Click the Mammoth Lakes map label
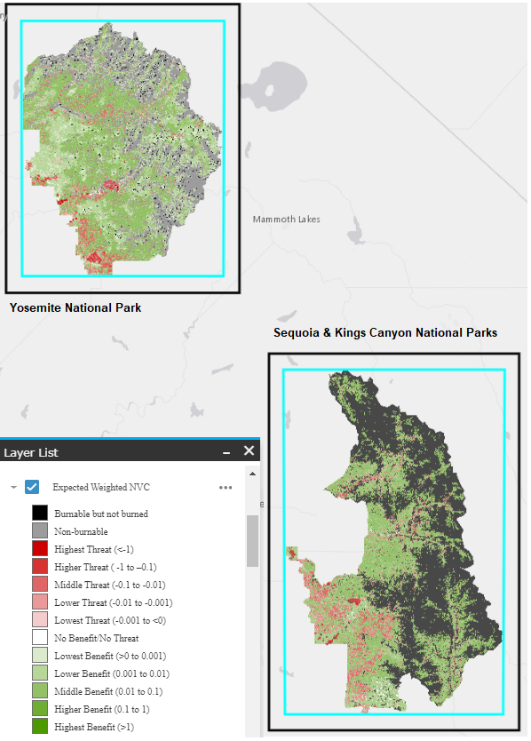point(286,219)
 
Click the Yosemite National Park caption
point(75,308)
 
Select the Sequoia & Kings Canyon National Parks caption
point(385,332)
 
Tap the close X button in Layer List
point(250,451)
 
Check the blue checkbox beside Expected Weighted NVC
point(32,487)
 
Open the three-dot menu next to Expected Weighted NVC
point(226,487)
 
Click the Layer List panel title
point(31,452)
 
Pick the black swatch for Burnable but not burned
point(39,514)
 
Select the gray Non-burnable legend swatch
point(39,531)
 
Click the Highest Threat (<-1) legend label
point(94,549)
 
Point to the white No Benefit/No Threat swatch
point(39,638)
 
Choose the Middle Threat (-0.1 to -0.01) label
point(109,585)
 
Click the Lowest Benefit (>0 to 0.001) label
point(108,656)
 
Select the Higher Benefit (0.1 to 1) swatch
point(39,709)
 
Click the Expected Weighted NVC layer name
point(102,487)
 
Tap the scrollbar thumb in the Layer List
point(252,539)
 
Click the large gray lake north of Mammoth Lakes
point(270,86)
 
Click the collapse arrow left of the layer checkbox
point(12,487)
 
